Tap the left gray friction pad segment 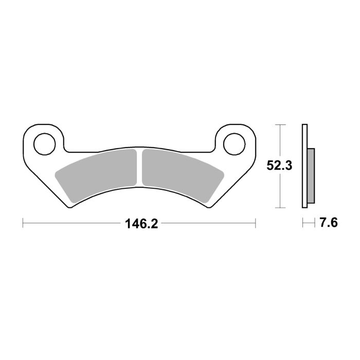pyautogui.click(x=97, y=172)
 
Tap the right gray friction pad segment pyautogui.click(x=180, y=172)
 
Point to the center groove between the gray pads pyautogui.click(x=139, y=167)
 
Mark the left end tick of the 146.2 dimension pyautogui.click(x=23, y=223)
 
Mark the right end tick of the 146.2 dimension pyautogui.click(x=256, y=223)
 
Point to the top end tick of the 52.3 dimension pyautogui.click(x=279, y=124)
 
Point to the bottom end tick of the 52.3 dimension pyautogui.click(x=279, y=208)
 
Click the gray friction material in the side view pyautogui.click(x=311, y=175)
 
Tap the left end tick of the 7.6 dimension pyautogui.click(x=302, y=223)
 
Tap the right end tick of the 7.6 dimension pyautogui.click(x=314, y=223)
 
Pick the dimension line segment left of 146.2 pyautogui.click(x=72, y=223)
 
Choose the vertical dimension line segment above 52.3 pyautogui.click(x=279, y=141)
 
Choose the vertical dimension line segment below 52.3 pyautogui.click(x=279, y=190)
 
